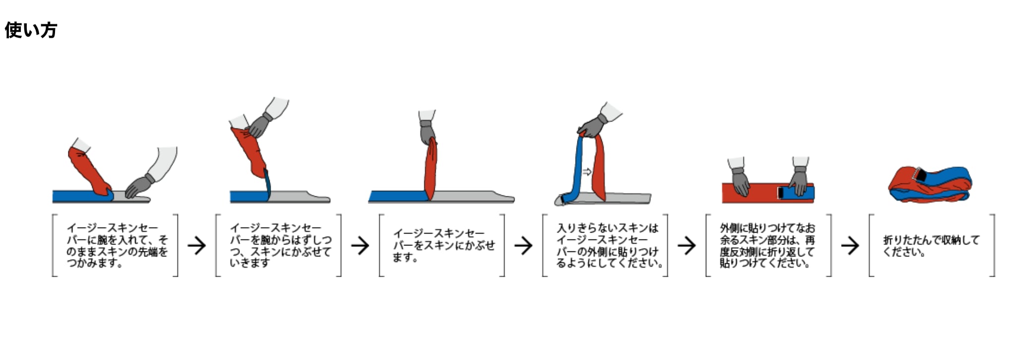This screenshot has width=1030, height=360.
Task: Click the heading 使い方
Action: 31,30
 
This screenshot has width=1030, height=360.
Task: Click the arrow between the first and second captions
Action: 197,245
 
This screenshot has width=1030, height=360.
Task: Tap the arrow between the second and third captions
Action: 360,245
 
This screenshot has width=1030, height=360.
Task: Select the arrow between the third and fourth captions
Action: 523,245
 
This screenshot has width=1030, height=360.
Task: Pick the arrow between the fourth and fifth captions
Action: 687,245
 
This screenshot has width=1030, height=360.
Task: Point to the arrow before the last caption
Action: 850,245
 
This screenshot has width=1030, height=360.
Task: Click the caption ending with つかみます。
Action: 117,245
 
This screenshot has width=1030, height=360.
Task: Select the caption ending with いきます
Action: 280,245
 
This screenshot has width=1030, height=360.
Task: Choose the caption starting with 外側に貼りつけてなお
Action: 767,245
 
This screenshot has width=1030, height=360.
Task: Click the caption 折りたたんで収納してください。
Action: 931,245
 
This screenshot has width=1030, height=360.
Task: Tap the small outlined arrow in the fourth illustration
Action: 587,172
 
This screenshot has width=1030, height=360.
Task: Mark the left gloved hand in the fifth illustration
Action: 740,180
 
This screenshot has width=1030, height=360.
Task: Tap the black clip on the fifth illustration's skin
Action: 781,192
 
